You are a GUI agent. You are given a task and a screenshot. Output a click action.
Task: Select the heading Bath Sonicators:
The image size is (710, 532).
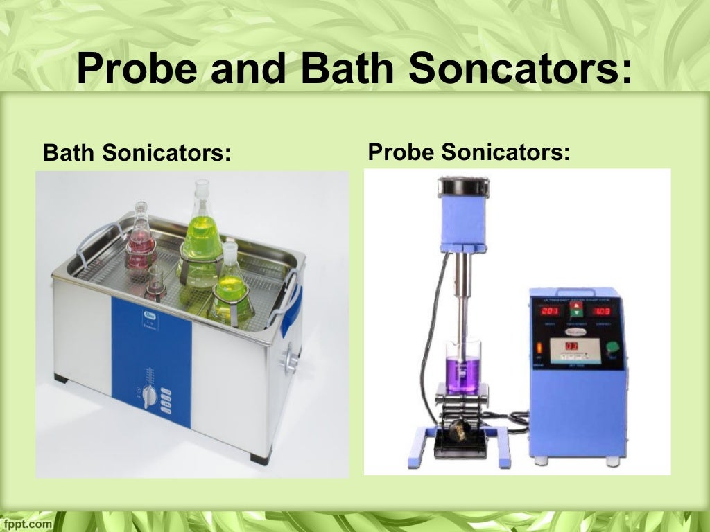point(137,152)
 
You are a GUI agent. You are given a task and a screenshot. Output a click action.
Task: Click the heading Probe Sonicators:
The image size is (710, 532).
point(469,151)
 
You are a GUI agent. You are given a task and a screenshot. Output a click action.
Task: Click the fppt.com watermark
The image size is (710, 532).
point(26,524)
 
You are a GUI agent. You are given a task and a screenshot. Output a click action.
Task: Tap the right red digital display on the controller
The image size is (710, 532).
point(602,311)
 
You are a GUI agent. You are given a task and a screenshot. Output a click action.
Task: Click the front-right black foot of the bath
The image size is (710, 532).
point(257,457)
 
